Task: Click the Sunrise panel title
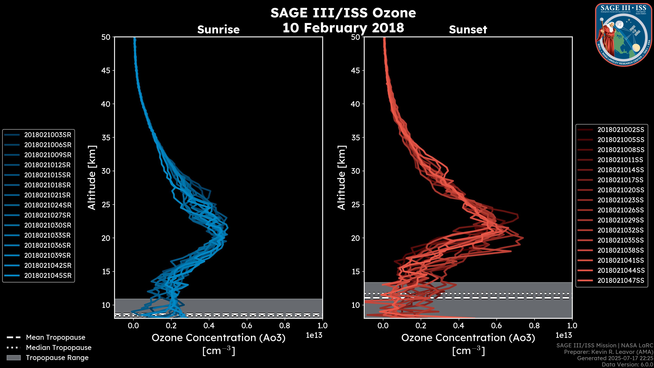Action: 218,30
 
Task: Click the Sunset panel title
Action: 468,30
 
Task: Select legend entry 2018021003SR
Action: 48,135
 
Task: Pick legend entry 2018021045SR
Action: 48,275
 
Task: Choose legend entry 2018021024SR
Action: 48,205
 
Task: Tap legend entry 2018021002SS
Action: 620,130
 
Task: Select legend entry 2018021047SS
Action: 620,280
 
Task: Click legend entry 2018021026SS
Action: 620,210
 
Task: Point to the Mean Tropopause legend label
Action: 56,338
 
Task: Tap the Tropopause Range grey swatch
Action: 13,358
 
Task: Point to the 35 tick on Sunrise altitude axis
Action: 106,137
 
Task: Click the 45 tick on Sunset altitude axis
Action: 355,70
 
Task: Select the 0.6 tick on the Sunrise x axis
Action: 247,326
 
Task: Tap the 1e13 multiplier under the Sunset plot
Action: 564,335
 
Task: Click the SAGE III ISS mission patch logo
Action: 623,35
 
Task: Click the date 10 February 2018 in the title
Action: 343,28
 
